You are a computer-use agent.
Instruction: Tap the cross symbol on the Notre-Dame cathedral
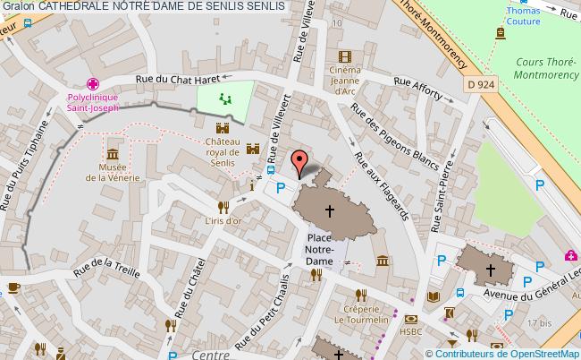tap(330, 211)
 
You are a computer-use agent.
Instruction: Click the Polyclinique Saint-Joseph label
tap(92, 101)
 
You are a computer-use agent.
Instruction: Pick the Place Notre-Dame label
tap(319, 249)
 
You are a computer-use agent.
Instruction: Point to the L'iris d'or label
tap(223, 220)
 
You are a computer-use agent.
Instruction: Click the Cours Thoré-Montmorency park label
tap(545, 68)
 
